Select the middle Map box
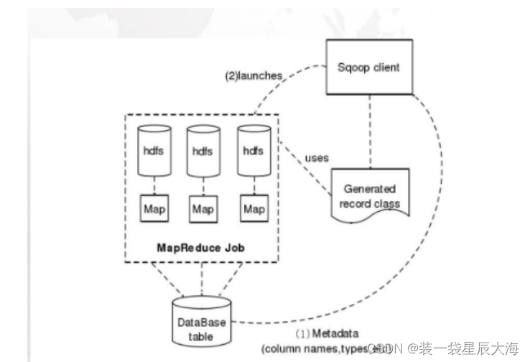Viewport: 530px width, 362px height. click(202, 209)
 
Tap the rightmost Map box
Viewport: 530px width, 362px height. click(253, 209)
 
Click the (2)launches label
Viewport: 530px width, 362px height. click(253, 75)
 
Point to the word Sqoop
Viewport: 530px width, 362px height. click(351, 67)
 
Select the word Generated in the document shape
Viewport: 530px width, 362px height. click(369, 189)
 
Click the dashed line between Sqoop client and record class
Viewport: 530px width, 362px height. click(369, 129)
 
